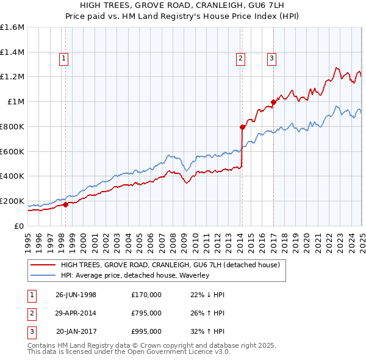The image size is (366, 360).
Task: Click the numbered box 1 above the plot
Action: (64, 59)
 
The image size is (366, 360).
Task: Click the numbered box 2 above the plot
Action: (241, 59)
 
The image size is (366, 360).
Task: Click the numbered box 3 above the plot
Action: (271, 59)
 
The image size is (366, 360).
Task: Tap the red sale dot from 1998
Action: (65, 204)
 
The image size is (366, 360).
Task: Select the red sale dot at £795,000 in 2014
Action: (242, 127)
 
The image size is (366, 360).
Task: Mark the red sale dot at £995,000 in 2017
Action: (273, 102)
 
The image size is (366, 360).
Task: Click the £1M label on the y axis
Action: (16, 102)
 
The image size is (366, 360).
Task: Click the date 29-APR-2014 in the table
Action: (76, 313)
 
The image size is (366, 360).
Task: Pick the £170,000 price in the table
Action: (146, 294)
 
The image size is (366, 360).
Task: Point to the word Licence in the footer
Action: (196, 352)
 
